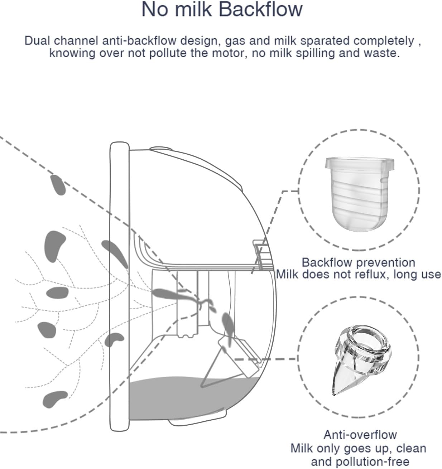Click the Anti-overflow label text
[360, 435]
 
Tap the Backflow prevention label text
[358, 262]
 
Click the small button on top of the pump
[161, 149]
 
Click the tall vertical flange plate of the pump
[119, 286]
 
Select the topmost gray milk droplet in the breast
[58, 185]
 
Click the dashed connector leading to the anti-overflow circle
[265, 359]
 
